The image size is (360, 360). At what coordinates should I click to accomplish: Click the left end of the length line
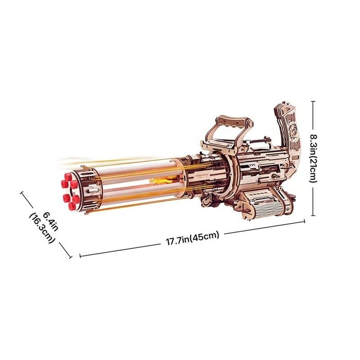[80, 255]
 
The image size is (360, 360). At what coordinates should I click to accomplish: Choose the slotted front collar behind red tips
[91, 189]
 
